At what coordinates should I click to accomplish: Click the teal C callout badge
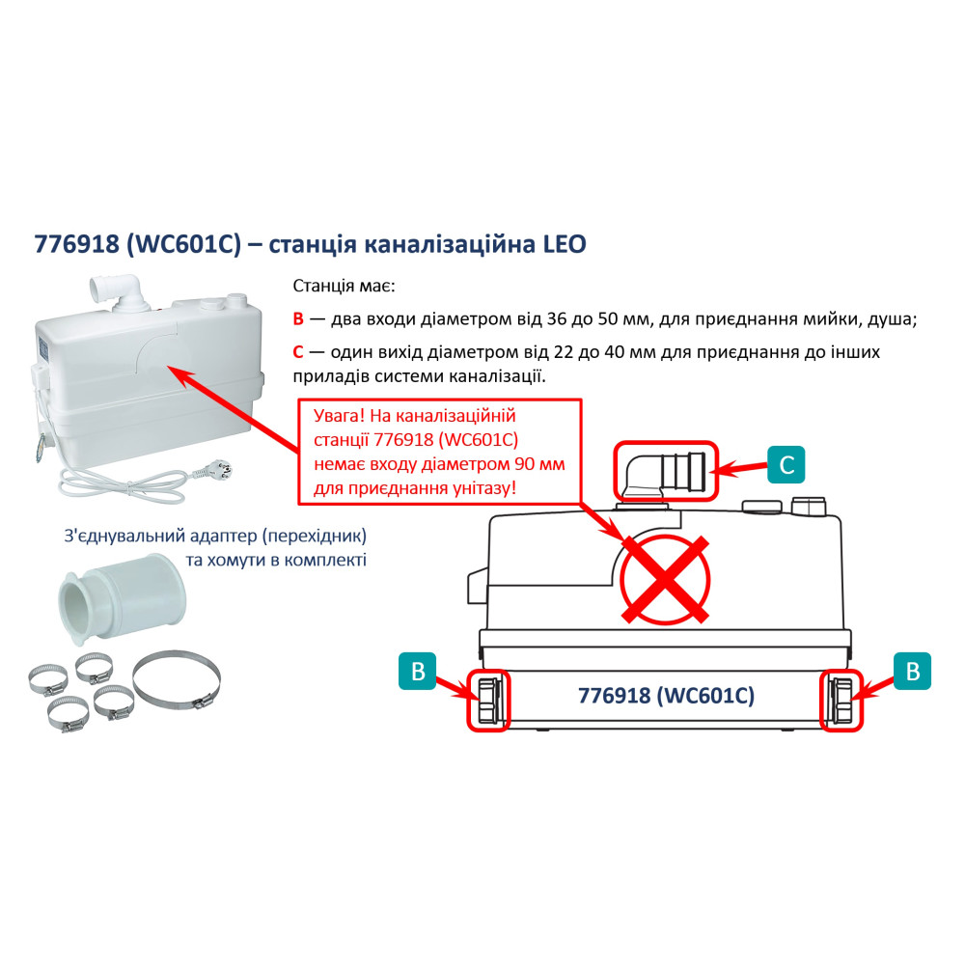pos(786,464)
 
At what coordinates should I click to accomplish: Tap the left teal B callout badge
pos(418,671)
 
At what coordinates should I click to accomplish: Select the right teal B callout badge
pos(913,671)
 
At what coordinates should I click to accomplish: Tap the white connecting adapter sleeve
pos(122,597)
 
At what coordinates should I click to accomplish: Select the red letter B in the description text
pos(298,318)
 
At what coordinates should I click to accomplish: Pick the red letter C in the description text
pos(298,352)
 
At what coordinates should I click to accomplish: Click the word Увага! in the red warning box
pos(339,415)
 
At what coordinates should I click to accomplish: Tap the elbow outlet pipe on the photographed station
pos(120,291)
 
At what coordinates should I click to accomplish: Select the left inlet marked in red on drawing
pos(488,700)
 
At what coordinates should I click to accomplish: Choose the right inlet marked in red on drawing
pos(841,700)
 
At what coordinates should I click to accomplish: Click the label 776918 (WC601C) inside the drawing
pos(666,696)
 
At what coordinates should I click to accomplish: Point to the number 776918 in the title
pos(77,244)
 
